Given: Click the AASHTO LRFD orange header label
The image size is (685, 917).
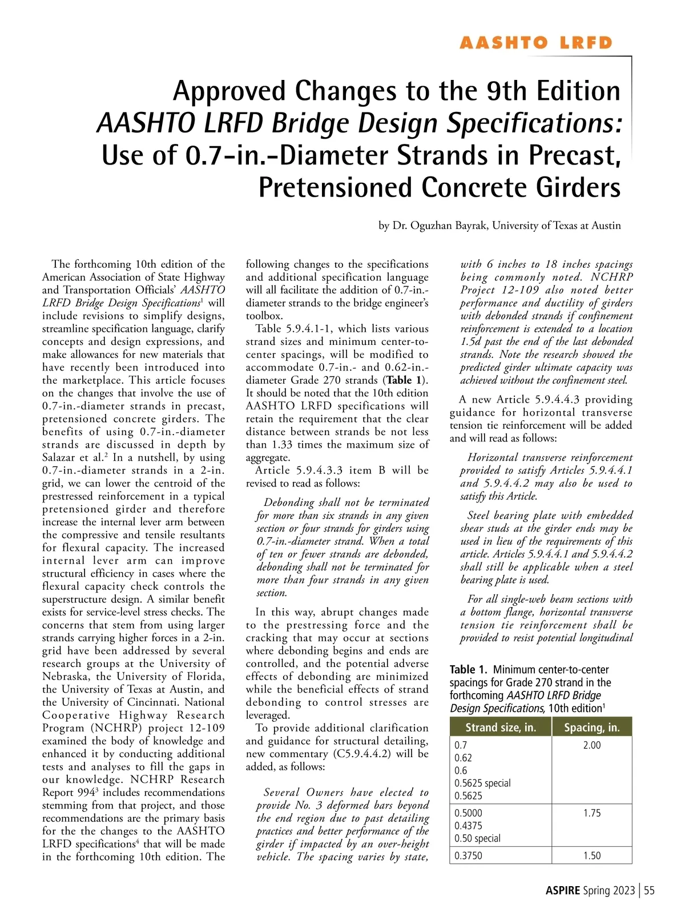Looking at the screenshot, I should [535, 43].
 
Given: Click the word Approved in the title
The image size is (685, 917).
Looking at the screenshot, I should [229, 91].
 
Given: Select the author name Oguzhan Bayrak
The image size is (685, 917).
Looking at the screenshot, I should [440, 226].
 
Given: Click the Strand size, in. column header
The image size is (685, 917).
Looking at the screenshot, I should [501, 727].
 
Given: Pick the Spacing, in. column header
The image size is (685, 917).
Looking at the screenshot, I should [591, 727].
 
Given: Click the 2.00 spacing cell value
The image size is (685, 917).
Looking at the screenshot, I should [591, 745].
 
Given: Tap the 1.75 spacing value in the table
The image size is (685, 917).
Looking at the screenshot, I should [591, 813].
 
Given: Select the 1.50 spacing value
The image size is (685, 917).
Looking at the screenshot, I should [591, 855].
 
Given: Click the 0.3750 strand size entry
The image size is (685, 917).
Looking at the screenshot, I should [468, 855].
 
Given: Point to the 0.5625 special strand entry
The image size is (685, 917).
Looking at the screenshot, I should [482, 783].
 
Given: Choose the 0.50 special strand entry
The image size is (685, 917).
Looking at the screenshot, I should [477, 838].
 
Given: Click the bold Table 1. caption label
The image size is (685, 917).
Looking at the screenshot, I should [469, 670].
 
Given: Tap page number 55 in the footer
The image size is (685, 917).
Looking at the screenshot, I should [649, 891].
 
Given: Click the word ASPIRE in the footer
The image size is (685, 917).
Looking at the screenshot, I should [562, 891].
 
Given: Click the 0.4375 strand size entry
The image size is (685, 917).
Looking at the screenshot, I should [468, 826].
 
